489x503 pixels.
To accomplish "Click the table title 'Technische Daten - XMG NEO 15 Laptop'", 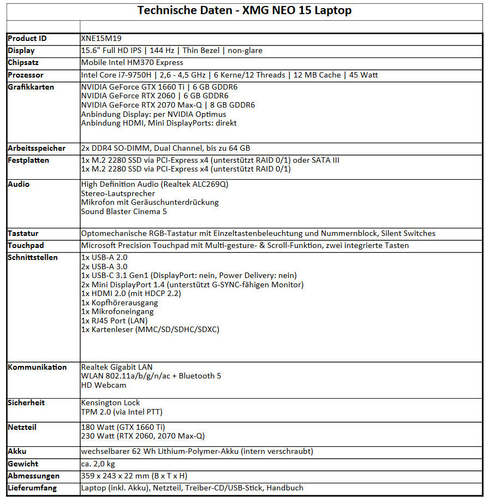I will point(244,10).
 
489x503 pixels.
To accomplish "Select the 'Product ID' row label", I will point(27,39).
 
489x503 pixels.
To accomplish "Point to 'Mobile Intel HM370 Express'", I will point(132,63).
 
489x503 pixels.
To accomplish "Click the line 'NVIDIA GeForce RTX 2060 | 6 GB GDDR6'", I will point(154,96).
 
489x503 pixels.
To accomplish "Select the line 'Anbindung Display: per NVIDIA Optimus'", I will point(153,114).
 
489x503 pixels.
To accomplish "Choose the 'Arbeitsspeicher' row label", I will point(37,148).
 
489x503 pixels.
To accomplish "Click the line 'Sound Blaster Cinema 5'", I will point(124,211).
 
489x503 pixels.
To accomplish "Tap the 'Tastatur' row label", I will point(23,233).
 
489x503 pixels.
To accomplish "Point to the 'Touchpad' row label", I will point(26,245).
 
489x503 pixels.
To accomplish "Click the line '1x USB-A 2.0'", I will point(104,257).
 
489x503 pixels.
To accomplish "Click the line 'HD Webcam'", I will point(103,385).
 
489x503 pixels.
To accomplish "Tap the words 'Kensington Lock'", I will point(110,403).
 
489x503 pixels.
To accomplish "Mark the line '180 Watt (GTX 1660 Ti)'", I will point(123,427).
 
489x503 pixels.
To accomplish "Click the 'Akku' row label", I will point(17,452).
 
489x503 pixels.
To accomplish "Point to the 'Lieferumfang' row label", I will point(32,488).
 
